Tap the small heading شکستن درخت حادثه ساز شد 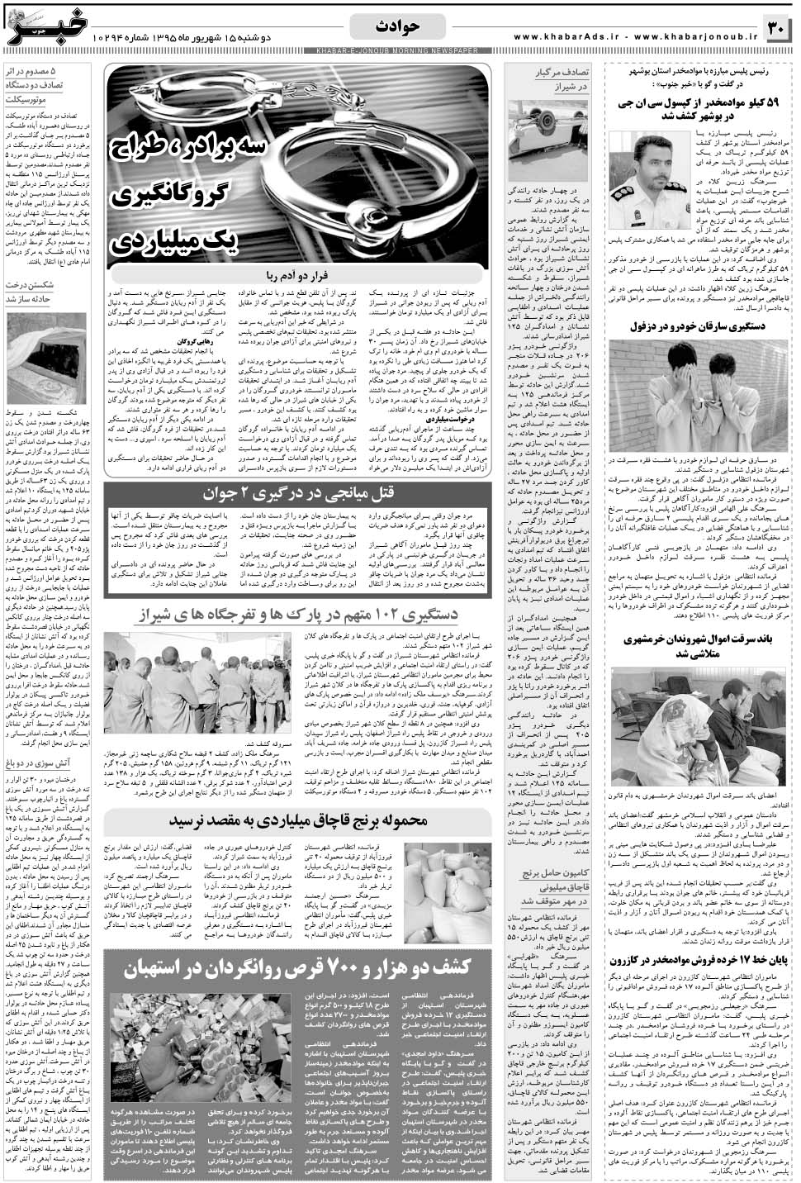39,291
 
